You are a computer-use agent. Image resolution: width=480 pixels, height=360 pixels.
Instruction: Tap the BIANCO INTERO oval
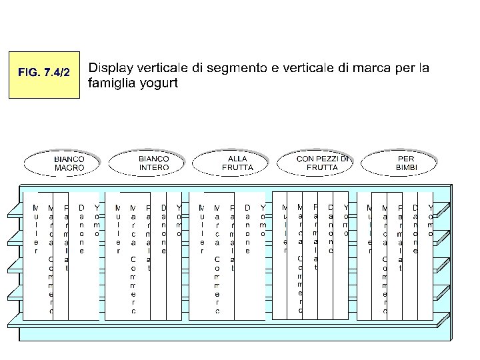click(x=153, y=163)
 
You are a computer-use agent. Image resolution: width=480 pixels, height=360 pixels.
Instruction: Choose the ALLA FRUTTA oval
click(x=237, y=163)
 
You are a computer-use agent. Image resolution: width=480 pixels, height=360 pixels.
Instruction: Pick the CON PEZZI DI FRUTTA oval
click(x=322, y=163)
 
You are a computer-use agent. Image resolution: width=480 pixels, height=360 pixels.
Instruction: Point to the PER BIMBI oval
click(x=405, y=163)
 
